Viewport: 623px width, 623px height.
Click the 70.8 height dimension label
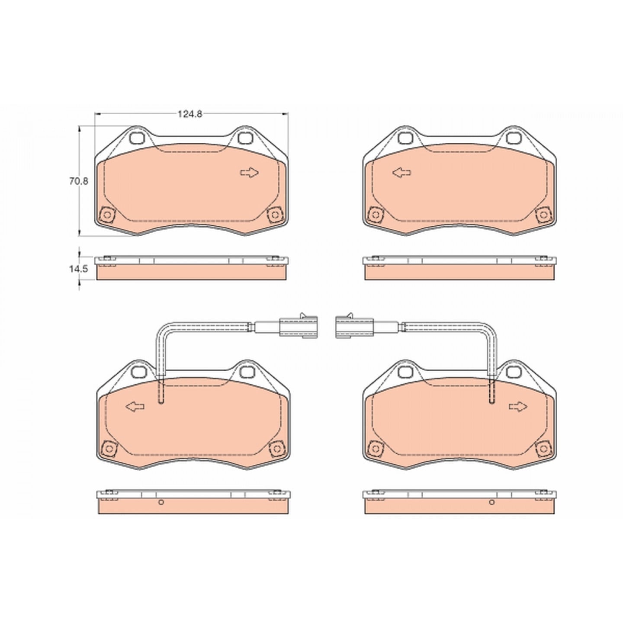[x=79, y=181]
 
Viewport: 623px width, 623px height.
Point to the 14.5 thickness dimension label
[x=79, y=269]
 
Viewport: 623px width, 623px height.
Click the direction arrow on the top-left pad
[x=249, y=173]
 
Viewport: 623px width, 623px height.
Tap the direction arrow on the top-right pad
[x=401, y=173]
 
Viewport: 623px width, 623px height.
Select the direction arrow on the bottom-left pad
[x=135, y=406]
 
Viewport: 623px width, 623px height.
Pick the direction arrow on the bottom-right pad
[x=518, y=406]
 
